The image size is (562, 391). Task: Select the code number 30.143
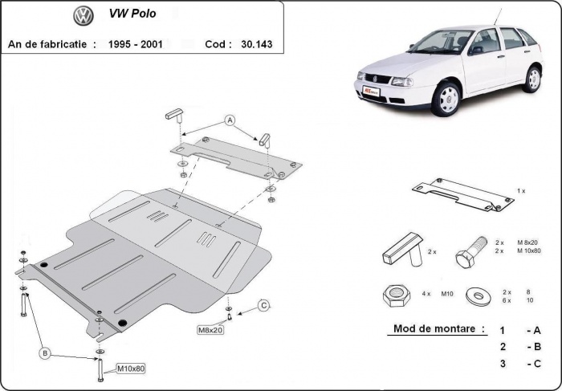click(x=256, y=44)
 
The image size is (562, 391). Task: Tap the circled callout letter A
click(x=230, y=120)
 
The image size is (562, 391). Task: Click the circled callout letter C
click(x=263, y=305)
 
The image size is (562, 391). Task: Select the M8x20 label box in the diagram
click(x=210, y=329)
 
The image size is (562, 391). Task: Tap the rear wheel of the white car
click(x=532, y=79)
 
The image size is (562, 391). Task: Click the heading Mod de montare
click(x=438, y=328)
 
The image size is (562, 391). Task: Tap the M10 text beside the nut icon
click(x=447, y=294)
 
